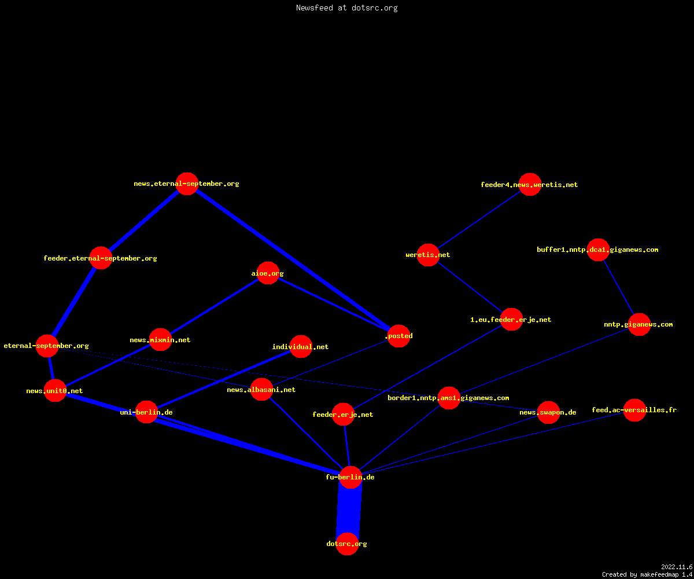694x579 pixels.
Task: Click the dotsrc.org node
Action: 347,544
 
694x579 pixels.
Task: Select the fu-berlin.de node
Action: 350,477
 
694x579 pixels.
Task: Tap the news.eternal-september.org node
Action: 187,184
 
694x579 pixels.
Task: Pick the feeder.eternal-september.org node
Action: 101,258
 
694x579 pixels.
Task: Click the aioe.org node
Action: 268,273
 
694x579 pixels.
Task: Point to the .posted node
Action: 399,336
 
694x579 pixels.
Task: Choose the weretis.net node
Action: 428,255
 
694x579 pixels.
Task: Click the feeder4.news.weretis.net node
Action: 530,184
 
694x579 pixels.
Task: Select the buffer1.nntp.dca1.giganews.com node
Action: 598,250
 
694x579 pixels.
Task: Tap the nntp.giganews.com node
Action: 639,324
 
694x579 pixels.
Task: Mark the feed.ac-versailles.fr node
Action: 634,410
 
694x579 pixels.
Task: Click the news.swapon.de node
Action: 548,412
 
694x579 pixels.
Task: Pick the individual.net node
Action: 301,346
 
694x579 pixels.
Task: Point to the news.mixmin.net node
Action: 160,340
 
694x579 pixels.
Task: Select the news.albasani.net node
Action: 261,389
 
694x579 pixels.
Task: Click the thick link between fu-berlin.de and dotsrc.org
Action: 349,511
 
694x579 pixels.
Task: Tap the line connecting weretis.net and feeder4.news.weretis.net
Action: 479,219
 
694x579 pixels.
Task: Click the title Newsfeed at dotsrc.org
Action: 346,8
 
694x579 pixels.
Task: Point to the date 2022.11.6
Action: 677,567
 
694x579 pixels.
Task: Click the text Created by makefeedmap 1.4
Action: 647,575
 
